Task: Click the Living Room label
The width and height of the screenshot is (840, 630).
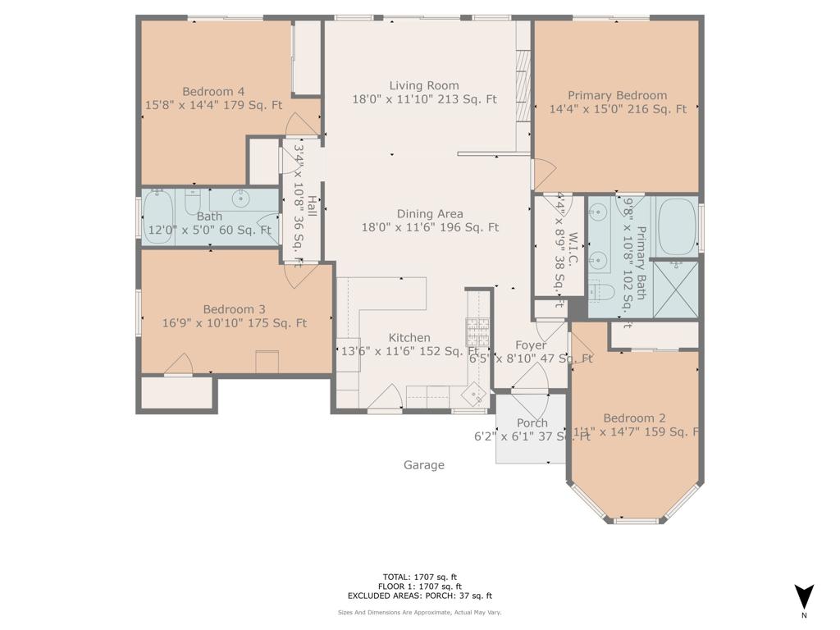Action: click(x=424, y=85)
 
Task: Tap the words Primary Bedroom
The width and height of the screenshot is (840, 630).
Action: click(x=617, y=95)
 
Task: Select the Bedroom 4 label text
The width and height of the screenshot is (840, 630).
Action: click(x=213, y=92)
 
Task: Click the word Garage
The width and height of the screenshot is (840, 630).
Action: click(x=424, y=465)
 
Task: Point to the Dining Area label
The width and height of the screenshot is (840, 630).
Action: click(x=430, y=213)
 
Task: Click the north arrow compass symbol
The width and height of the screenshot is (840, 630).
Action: click(x=805, y=597)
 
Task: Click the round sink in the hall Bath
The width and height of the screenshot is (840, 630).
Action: click(x=241, y=198)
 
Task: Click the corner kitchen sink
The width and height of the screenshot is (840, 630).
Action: click(x=474, y=395)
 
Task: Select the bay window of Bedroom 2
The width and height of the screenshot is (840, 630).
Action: click(x=636, y=517)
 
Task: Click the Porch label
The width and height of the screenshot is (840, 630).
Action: click(x=532, y=423)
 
